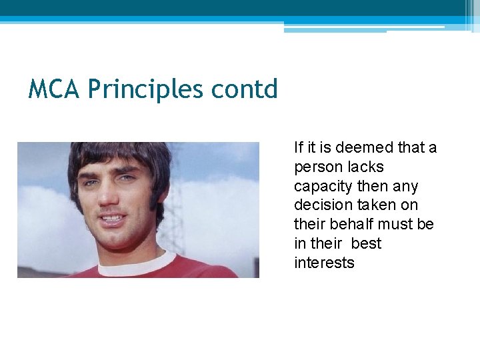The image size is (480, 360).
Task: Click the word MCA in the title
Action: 55,89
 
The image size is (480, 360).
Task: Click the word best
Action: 366,244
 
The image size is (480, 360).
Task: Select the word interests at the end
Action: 324,263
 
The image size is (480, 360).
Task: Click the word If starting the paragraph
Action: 299,147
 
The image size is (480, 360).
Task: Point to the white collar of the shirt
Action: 133,265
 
